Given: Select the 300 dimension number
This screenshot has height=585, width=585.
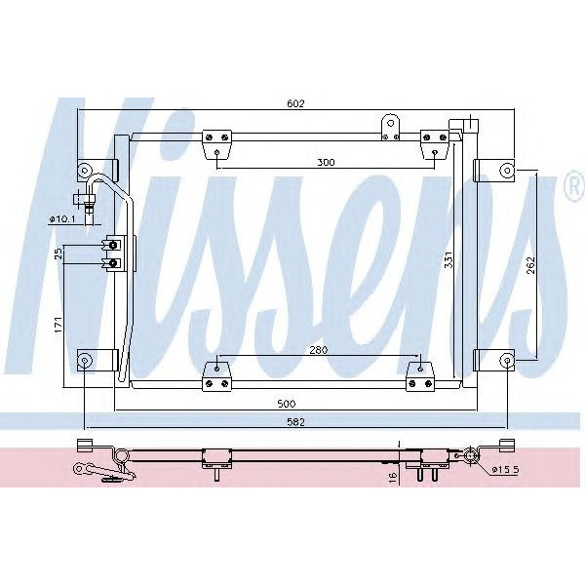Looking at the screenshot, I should pos(326,163).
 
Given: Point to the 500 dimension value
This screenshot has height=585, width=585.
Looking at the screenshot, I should pos(286,403).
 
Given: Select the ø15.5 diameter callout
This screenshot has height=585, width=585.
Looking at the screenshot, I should pos(505,470).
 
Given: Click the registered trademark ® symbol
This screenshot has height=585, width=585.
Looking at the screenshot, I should pos(573,188).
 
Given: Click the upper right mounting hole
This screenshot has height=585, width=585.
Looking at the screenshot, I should pos(506,171).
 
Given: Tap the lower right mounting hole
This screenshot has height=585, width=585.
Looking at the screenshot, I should pos(506,361).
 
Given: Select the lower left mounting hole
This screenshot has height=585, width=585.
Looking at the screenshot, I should pos(86,361).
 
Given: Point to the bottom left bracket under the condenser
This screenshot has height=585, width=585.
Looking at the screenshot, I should pos(215,375).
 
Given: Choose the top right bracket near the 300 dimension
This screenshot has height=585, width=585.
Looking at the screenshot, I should pos(432,146).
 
